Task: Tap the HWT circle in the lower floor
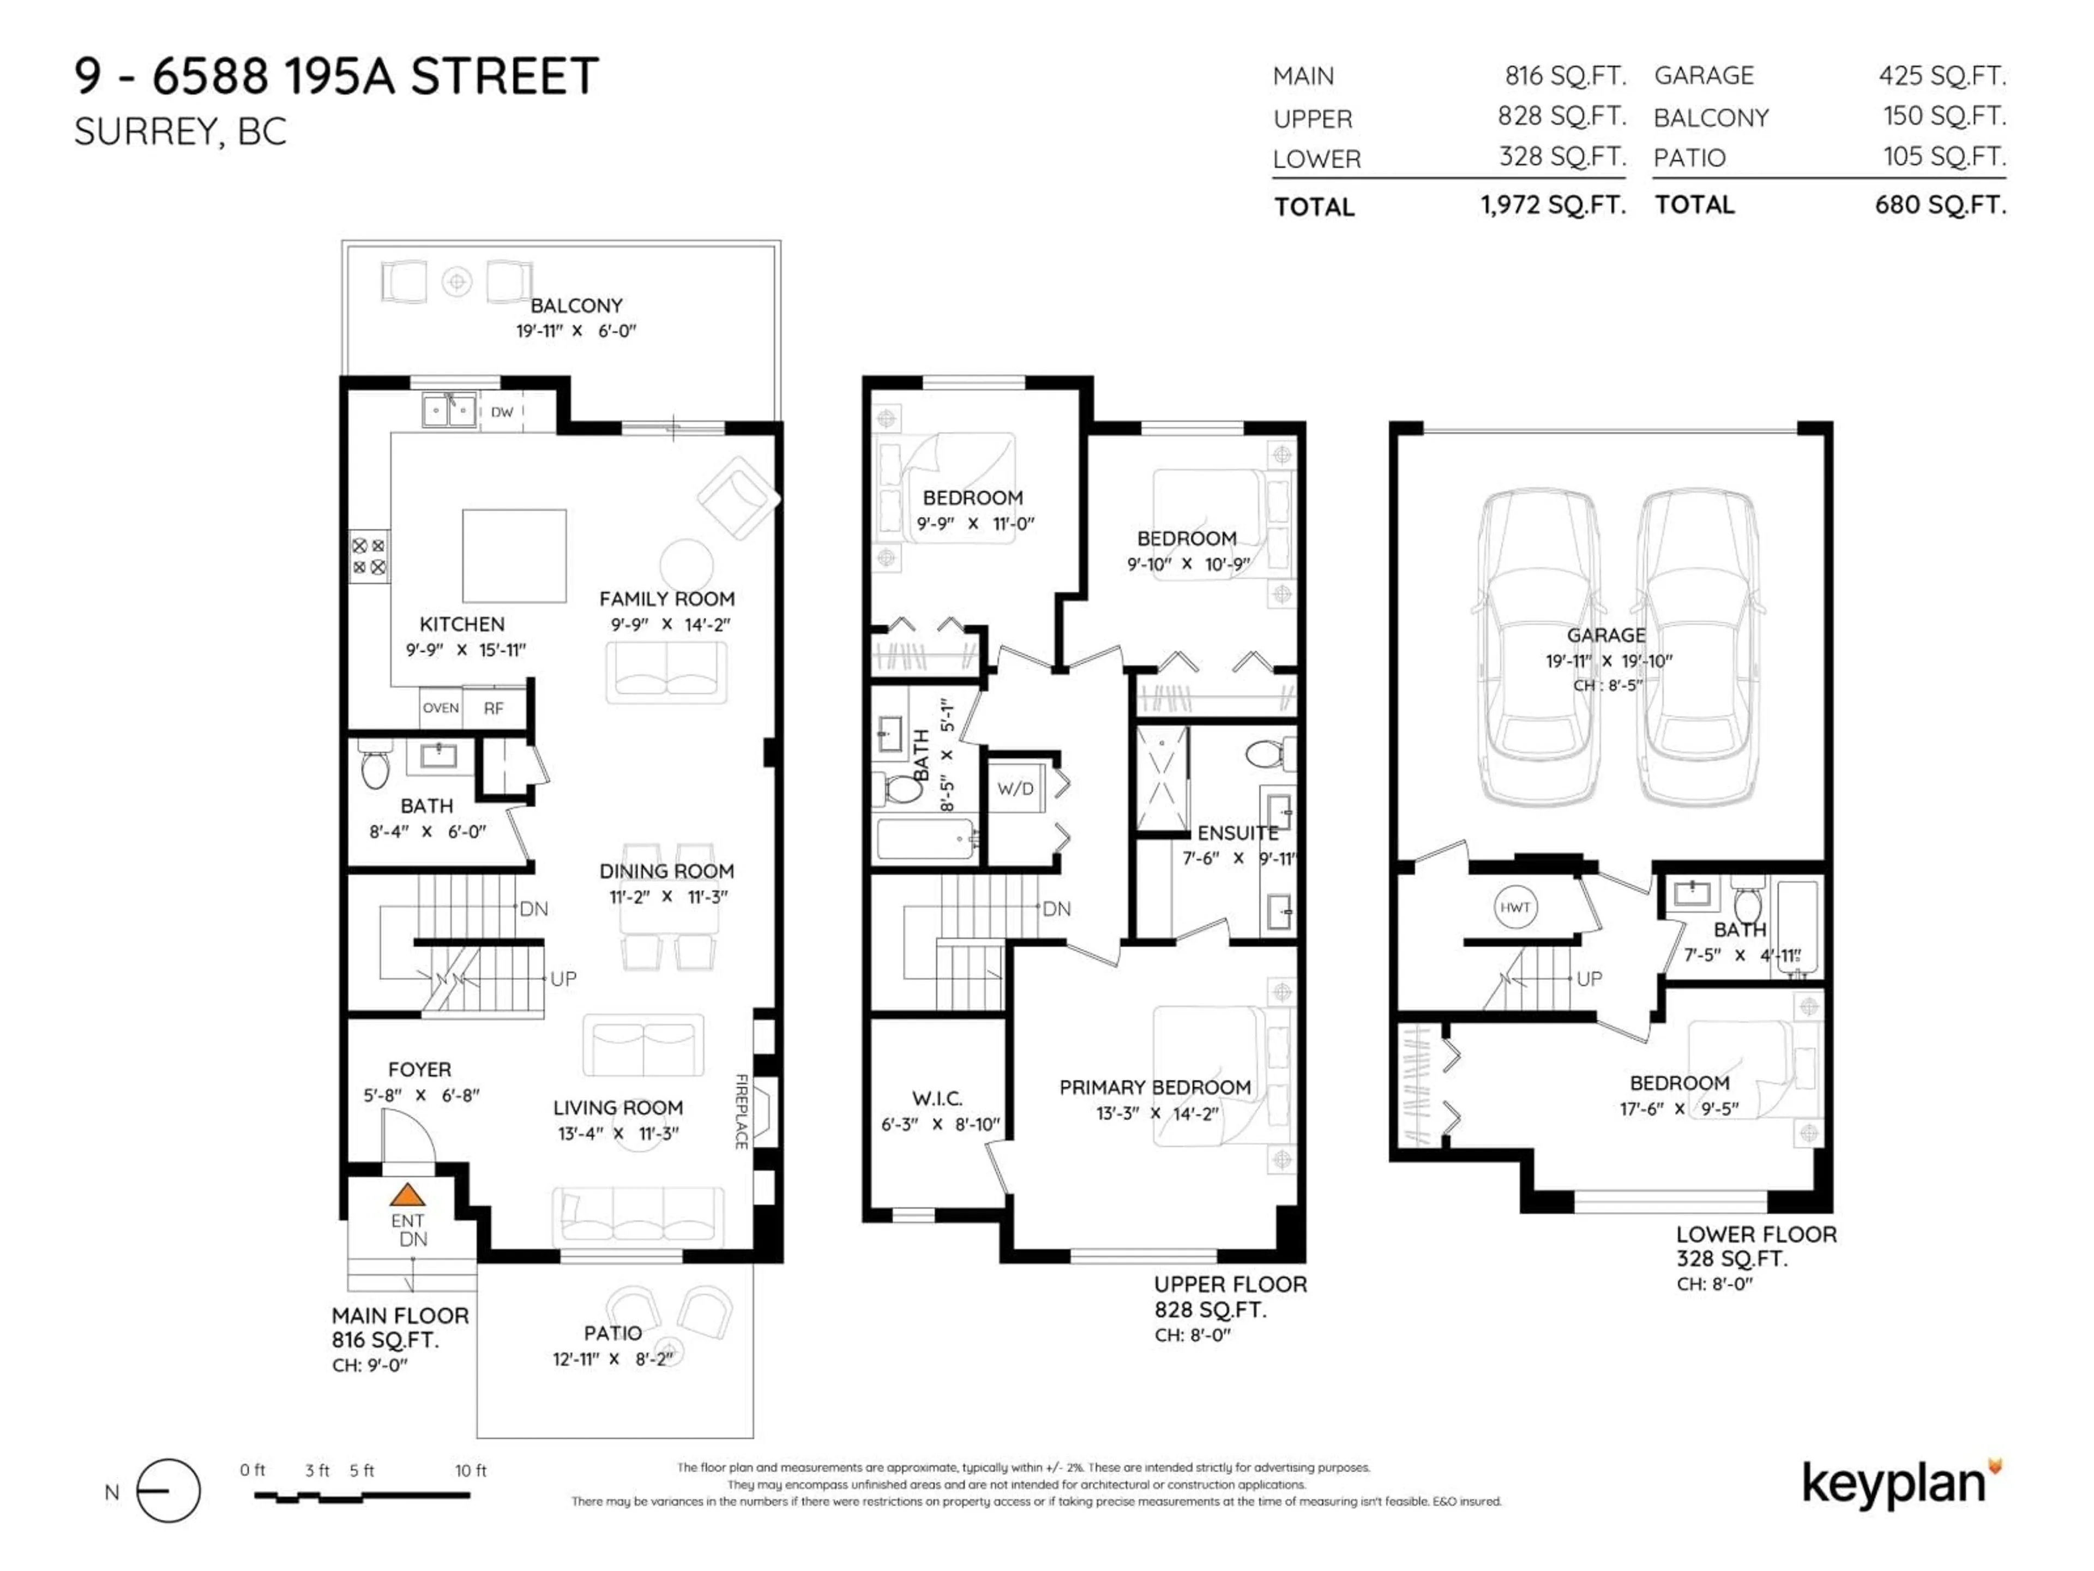(1515, 907)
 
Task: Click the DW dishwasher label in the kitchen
(502, 412)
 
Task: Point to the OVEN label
(440, 707)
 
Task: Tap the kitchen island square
(514, 556)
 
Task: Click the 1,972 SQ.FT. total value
(1553, 205)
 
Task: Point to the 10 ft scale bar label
(471, 1471)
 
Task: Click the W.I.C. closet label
(937, 1099)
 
